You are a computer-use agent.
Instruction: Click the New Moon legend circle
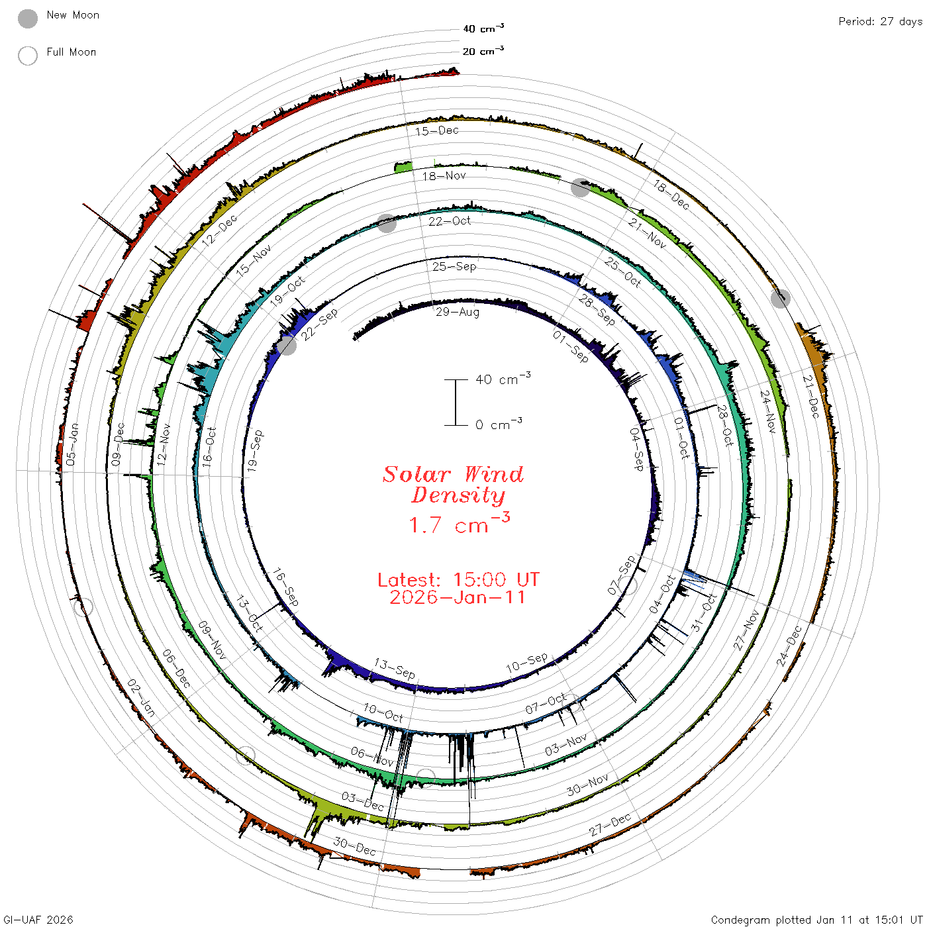(28, 19)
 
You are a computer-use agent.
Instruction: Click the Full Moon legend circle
(28, 56)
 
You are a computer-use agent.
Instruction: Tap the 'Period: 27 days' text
(880, 22)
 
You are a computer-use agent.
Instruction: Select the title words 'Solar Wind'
(453, 474)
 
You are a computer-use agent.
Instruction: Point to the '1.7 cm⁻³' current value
(459, 523)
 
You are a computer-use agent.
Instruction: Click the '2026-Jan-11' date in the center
(457, 597)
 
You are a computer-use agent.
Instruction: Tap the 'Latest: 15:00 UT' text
(458, 579)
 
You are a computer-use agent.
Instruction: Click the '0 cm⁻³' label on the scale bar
(499, 424)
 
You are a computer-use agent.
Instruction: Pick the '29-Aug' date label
(458, 312)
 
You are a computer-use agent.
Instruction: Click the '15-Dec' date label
(437, 131)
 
